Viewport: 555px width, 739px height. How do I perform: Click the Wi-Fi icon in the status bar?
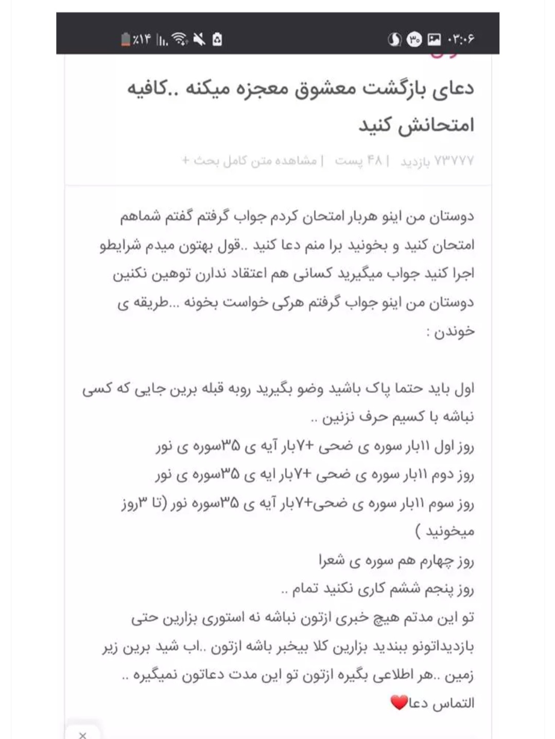click(x=180, y=39)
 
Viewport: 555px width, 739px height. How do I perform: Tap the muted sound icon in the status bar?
click(x=199, y=39)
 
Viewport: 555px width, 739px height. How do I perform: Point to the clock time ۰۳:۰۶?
click(x=461, y=39)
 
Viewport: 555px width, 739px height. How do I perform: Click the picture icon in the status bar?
click(x=434, y=39)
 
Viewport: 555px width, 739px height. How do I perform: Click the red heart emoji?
click(x=399, y=702)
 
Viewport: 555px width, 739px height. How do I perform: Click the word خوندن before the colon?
click(x=454, y=332)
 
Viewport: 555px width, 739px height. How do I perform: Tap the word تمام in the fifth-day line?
click(x=306, y=589)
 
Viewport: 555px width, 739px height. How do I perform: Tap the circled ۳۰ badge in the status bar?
click(x=414, y=39)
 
